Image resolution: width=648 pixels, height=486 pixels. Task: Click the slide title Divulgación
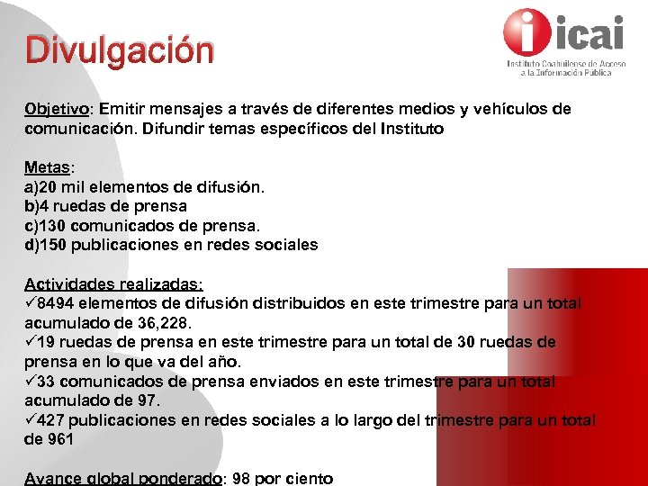[120, 50]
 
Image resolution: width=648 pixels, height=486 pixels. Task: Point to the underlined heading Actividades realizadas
[113, 284]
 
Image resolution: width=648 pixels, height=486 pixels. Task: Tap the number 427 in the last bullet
[52, 420]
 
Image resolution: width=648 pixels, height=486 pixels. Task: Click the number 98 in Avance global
[242, 479]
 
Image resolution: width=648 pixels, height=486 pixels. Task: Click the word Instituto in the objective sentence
[409, 129]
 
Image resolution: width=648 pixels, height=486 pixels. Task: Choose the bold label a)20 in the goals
[40, 187]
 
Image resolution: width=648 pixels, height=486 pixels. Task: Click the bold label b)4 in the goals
[35, 206]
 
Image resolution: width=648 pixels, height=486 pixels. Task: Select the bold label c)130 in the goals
[44, 226]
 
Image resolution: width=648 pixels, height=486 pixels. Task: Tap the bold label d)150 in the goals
[45, 245]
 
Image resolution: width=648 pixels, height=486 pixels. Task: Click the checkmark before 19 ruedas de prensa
[31, 343]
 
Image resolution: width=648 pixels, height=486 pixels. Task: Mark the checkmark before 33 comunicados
[31, 382]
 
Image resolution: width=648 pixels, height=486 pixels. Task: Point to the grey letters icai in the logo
[591, 32]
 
